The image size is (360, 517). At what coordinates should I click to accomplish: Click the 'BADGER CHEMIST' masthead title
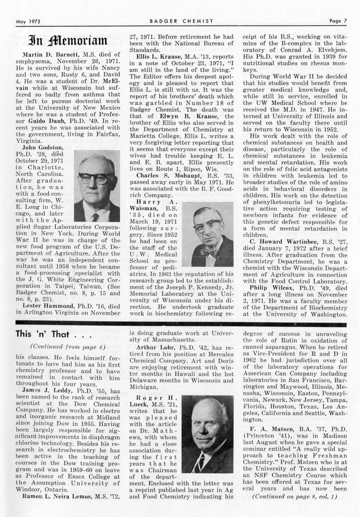(x=181, y=21)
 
